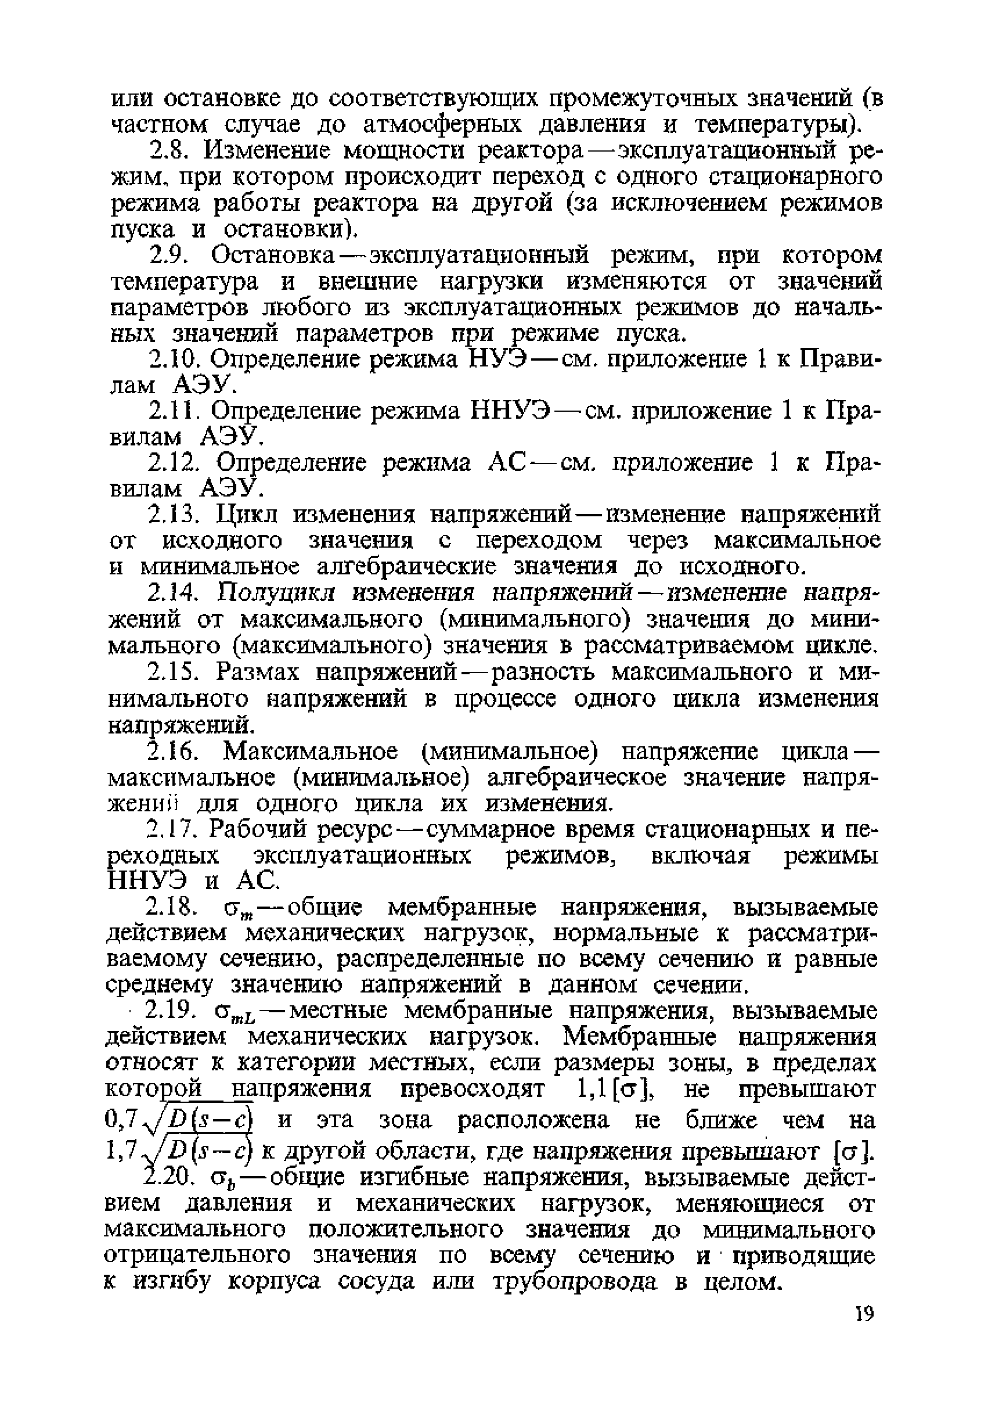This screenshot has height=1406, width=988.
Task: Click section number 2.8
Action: pyautogui.click(x=172, y=150)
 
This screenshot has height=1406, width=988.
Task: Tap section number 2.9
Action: pyautogui.click(x=172, y=255)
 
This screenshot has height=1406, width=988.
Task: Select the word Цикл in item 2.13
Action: pyautogui.click(x=248, y=515)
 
